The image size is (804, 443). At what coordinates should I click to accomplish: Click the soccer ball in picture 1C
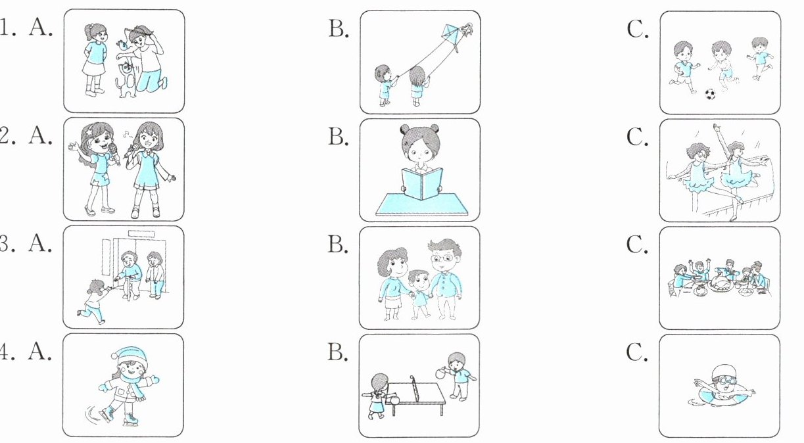tap(709, 94)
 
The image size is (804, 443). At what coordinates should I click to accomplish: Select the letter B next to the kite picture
tap(338, 30)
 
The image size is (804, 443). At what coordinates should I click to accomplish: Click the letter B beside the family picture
tap(338, 245)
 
